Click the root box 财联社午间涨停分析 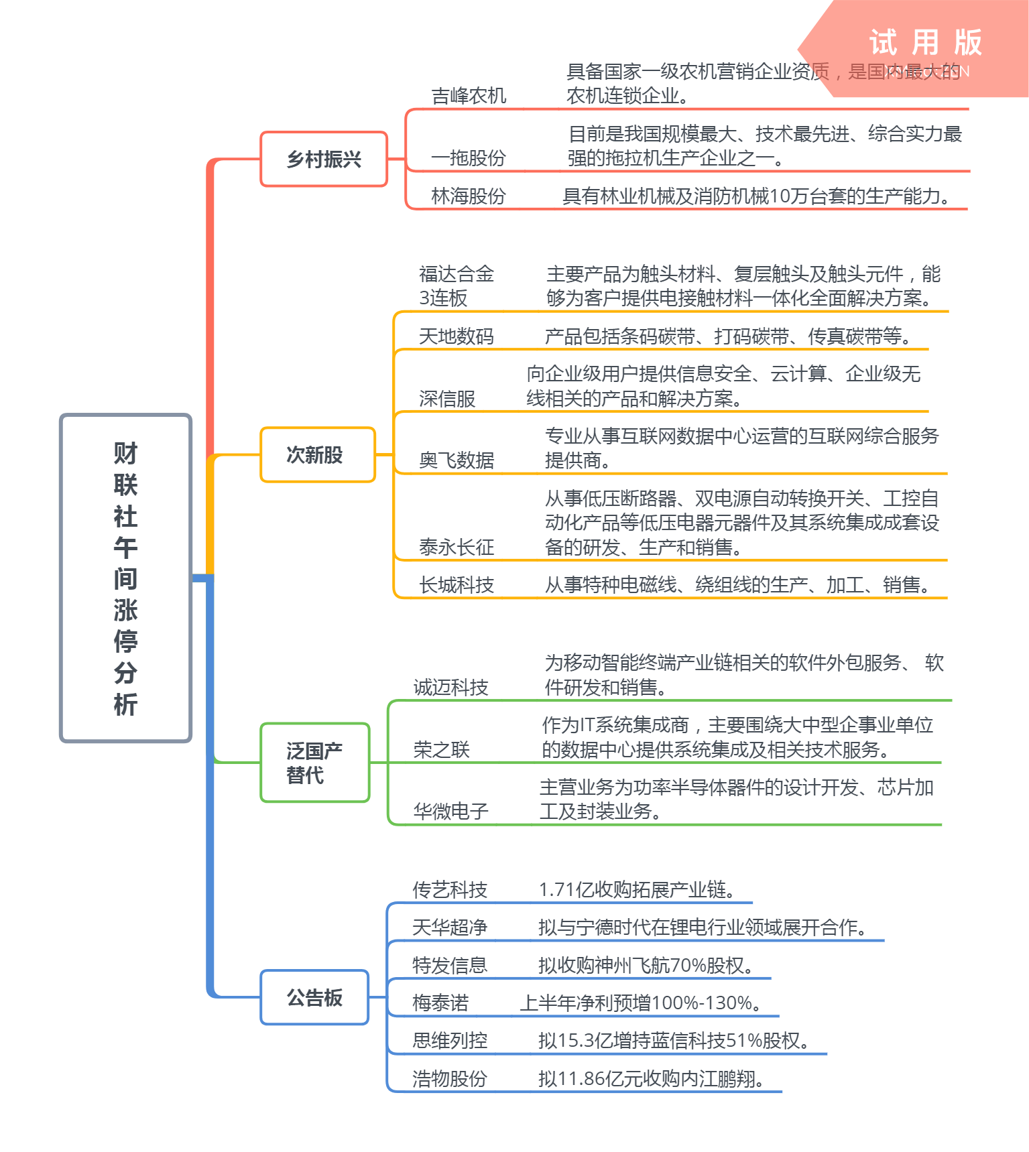click(x=125, y=578)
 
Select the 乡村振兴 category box click(x=324, y=159)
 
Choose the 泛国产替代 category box click(x=314, y=763)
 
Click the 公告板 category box click(x=314, y=997)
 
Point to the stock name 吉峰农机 click(x=469, y=96)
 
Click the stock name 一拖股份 click(x=468, y=158)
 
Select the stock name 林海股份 click(x=468, y=196)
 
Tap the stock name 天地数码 click(x=456, y=336)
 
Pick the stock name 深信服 click(x=447, y=399)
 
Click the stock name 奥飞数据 click(x=457, y=460)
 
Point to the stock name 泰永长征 click(x=457, y=548)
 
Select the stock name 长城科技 click(x=457, y=585)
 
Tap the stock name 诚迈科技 click(x=450, y=688)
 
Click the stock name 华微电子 click(x=450, y=812)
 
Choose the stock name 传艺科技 click(x=449, y=890)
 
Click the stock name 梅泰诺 click(x=440, y=1003)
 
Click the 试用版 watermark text click(x=925, y=43)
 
